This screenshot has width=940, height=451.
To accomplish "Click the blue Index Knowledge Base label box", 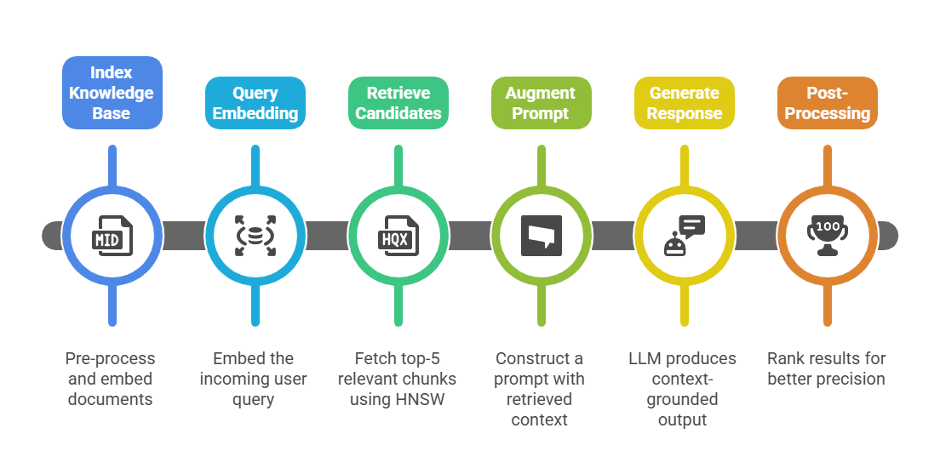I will click(111, 93).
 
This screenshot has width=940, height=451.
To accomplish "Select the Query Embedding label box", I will click(255, 103).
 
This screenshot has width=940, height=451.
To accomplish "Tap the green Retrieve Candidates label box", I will click(398, 103).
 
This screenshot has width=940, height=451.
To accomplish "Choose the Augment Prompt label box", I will click(541, 103).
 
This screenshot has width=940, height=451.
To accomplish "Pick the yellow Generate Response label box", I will click(684, 103).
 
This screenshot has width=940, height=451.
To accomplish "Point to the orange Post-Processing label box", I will click(827, 103).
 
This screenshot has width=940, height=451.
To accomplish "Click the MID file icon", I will click(112, 236).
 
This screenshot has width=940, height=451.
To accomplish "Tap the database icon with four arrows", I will click(255, 236).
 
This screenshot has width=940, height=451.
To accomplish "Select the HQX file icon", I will click(398, 236).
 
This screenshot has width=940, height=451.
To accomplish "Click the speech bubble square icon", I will click(542, 236).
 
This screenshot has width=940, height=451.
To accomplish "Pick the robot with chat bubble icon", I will click(685, 236).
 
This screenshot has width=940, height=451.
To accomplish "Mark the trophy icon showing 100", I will click(828, 236).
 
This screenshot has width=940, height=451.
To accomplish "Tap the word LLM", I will click(645, 358).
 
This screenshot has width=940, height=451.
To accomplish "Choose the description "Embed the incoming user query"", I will click(254, 379).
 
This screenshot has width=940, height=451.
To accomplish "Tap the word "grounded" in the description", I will click(683, 399).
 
